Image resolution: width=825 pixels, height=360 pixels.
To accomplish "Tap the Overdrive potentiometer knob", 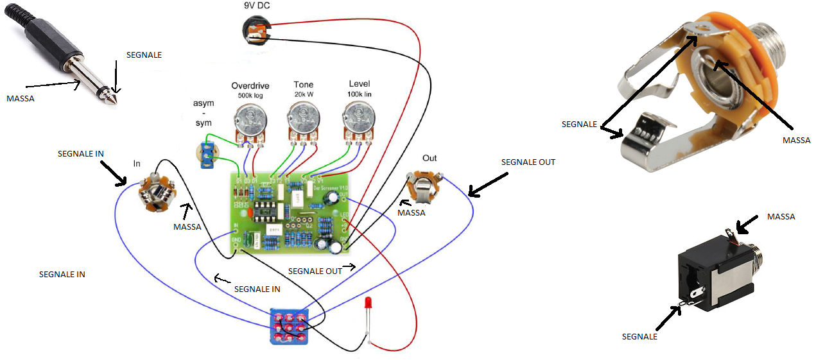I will click(249, 119).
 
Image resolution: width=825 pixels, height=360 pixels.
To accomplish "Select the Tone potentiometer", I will click(303, 119).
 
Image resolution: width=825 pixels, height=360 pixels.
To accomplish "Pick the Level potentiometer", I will click(359, 119).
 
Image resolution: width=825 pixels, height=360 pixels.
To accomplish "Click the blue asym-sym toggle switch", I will click(207, 155).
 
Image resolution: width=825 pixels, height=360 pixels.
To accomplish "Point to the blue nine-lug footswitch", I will click(288, 326).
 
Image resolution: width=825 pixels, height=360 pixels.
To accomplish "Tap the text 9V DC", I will click(256, 6).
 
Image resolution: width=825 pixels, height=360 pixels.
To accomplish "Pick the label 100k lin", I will click(359, 94).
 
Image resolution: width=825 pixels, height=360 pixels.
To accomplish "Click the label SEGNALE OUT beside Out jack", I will click(528, 162).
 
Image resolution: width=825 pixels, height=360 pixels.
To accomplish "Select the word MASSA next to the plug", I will click(20, 99).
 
